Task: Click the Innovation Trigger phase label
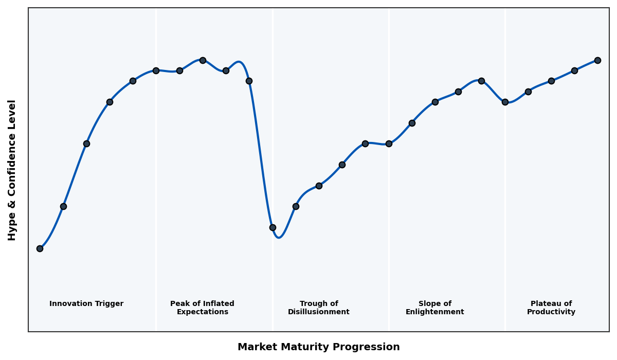(x=86, y=304)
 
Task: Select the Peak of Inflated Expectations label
(x=202, y=308)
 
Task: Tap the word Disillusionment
(x=319, y=312)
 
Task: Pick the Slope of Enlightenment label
(x=434, y=308)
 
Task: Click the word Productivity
(x=551, y=312)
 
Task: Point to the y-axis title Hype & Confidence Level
(x=12, y=170)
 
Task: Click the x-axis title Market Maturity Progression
(x=318, y=347)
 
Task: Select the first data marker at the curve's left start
(x=40, y=248)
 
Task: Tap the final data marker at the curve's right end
(x=597, y=60)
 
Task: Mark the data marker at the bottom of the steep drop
(x=273, y=227)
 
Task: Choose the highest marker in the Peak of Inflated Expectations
(x=203, y=60)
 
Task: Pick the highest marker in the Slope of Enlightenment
(x=481, y=81)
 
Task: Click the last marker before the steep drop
(x=249, y=81)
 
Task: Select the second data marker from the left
(x=63, y=206)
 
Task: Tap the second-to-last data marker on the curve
(x=574, y=70)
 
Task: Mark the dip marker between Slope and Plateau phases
(x=505, y=102)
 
